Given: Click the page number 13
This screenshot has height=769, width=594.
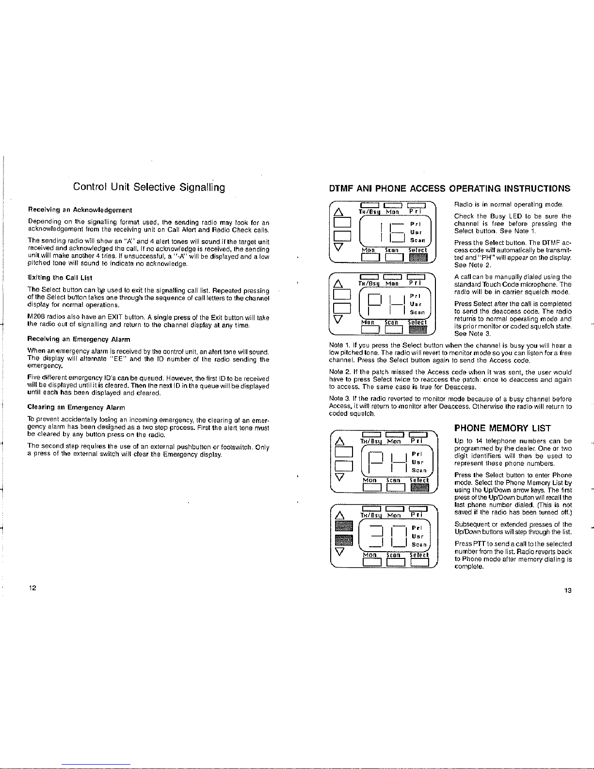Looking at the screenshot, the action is click(568, 590).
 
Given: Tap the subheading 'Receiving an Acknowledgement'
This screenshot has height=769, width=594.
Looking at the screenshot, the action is click(80, 210).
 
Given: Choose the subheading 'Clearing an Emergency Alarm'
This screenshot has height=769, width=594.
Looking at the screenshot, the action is click(76, 408).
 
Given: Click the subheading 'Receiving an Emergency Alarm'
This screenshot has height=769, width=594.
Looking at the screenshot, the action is click(79, 339).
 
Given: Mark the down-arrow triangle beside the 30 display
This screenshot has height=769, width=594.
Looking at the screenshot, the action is click(340, 551).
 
